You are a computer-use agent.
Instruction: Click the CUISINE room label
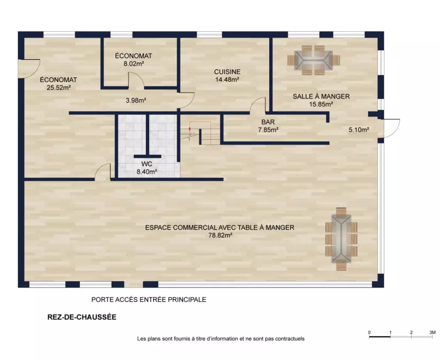coord(227,72)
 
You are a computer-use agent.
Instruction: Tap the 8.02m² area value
coord(134,64)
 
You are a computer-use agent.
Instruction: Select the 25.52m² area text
coord(59,87)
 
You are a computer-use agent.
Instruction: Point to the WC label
coord(147,164)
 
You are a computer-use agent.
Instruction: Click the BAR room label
coord(268,122)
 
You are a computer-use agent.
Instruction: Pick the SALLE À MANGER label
coord(322,96)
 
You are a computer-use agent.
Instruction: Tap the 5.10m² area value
coord(359,130)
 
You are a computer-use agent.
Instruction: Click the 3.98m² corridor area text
coord(136,100)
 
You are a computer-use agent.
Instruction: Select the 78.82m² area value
coord(221,235)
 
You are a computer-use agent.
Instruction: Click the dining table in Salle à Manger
coord(314,60)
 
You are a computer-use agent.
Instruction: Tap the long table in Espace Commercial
coord(341,239)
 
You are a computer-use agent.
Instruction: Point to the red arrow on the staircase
coord(190,129)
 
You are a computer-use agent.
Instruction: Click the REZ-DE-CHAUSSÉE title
coord(82,317)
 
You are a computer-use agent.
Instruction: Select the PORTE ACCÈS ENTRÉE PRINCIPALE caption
coord(149,300)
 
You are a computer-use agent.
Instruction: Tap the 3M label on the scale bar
coord(433,332)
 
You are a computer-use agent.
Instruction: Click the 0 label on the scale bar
coord(369,332)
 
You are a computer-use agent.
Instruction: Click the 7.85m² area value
coord(268,130)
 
